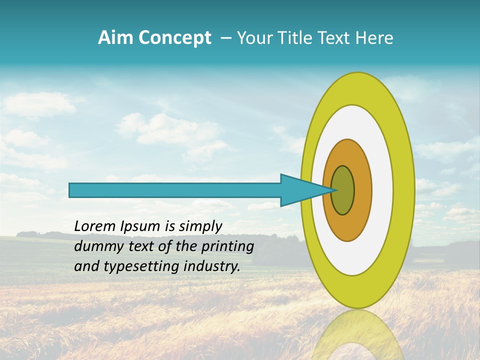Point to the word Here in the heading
click(x=375, y=38)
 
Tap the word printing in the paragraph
click(x=226, y=246)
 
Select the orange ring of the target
click(x=361, y=190)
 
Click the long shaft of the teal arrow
click(x=175, y=190)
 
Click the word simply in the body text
click(x=200, y=226)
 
